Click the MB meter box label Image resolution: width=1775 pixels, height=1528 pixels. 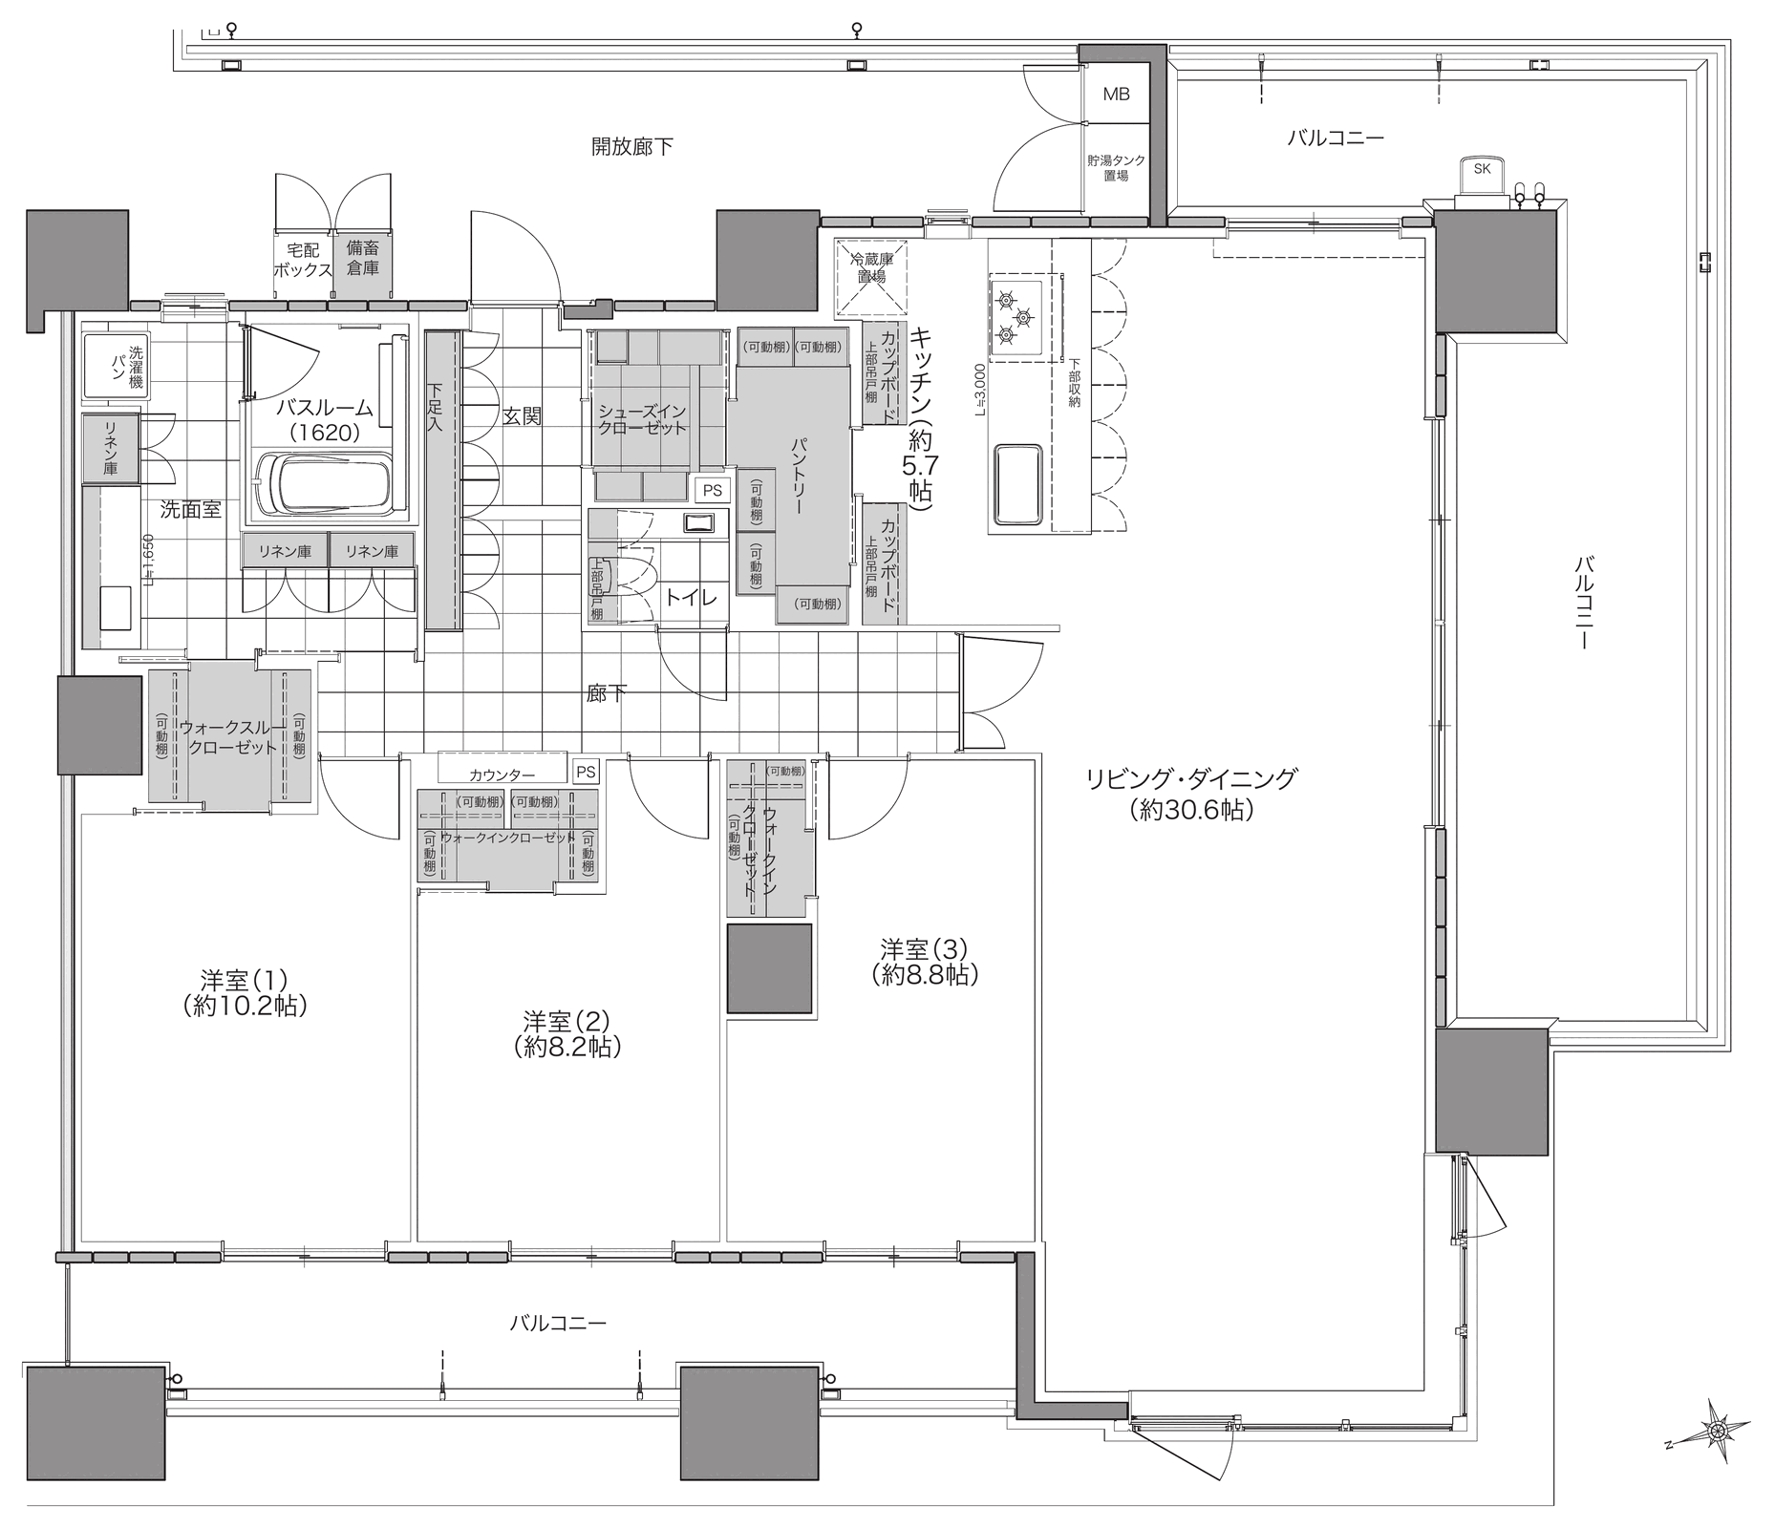coord(1116,94)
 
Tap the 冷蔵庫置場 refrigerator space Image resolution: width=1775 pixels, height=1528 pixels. coord(870,276)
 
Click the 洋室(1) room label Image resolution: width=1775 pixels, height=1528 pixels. coord(245,992)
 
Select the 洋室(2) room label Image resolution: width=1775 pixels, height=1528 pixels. coord(567,1033)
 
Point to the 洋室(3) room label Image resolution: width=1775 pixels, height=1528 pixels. coord(924,962)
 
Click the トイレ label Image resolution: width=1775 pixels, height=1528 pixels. coord(692,599)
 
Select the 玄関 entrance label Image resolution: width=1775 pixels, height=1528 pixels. coord(522,416)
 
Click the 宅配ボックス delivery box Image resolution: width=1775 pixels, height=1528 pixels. coord(303,260)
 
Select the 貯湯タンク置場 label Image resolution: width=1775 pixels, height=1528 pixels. coord(1116,168)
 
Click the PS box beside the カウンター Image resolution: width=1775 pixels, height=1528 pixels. coord(586,772)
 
